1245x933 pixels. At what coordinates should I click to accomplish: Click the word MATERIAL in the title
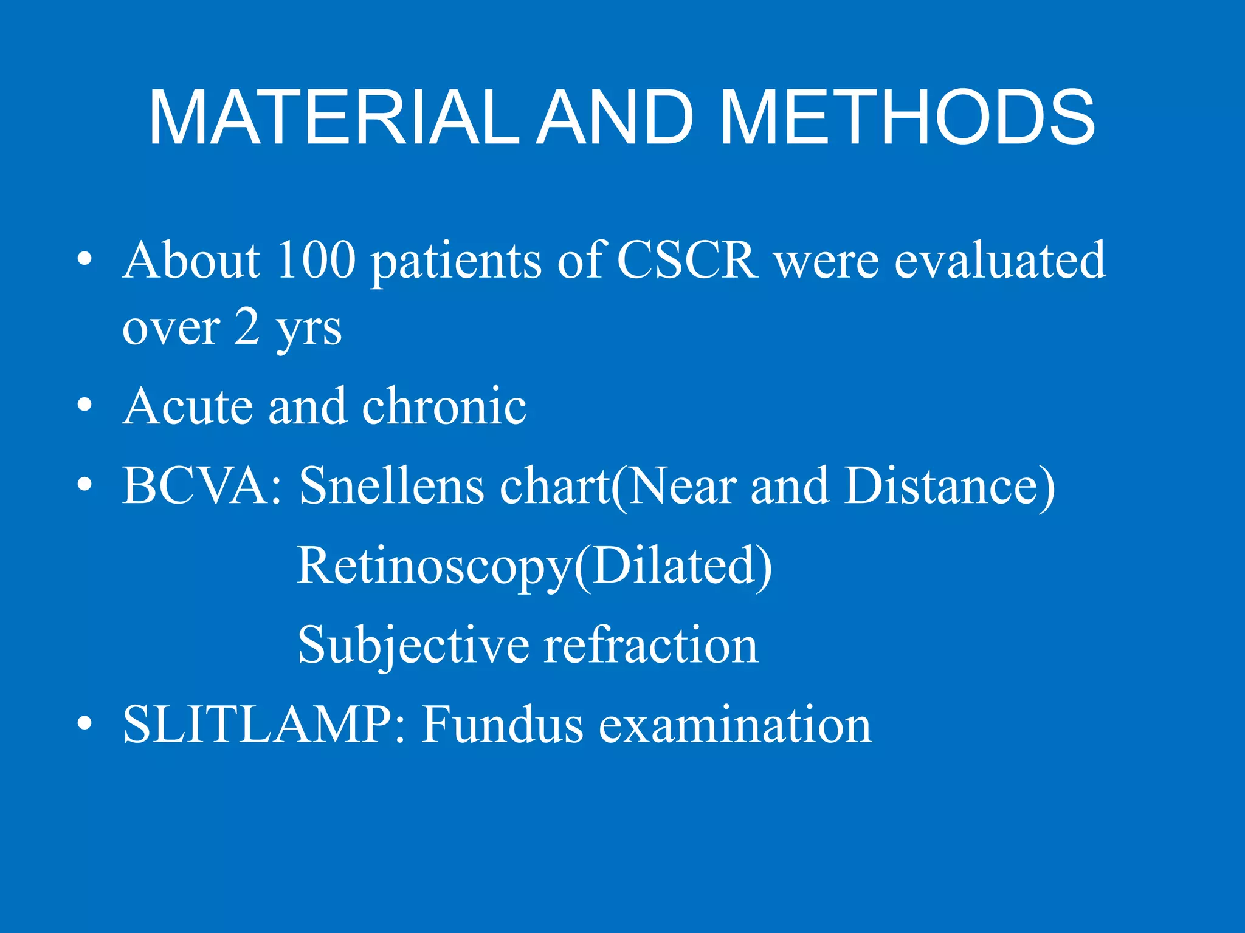pyautogui.click(x=334, y=118)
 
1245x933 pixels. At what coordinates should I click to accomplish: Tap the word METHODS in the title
pyautogui.click(x=908, y=118)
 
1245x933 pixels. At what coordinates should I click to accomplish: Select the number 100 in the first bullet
pyautogui.click(x=316, y=261)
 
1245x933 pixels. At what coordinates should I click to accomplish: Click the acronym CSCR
pyautogui.click(x=688, y=261)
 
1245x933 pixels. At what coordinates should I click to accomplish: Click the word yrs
pyautogui.click(x=309, y=329)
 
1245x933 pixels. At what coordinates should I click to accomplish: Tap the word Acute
pyautogui.click(x=187, y=406)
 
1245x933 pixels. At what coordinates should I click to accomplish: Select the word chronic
pyautogui.click(x=444, y=406)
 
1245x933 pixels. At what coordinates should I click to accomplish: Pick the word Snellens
pyautogui.click(x=391, y=486)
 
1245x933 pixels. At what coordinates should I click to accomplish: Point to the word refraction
pyautogui.click(x=651, y=645)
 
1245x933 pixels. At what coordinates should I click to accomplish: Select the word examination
pyautogui.click(x=735, y=724)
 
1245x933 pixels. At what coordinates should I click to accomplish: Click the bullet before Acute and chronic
pyautogui.click(x=85, y=405)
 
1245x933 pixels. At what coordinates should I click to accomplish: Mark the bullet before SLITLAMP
pyautogui.click(x=85, y=723)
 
